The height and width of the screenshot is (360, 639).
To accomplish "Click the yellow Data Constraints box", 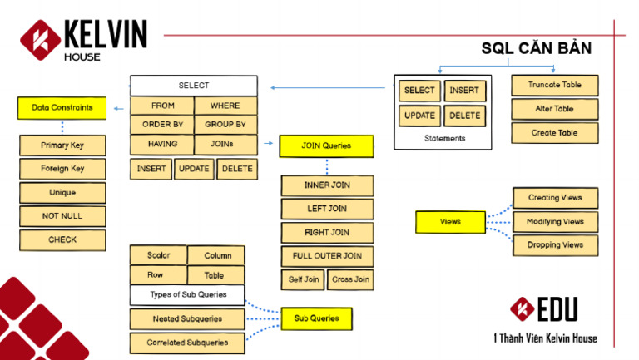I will pyautogui.click(x=62, y=108).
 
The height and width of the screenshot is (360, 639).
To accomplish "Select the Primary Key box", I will pyautogui.click(x=62, y=145).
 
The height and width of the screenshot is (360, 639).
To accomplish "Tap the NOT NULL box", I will pyautogui.click(x=62, y=216).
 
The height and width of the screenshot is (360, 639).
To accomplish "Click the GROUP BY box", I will pyautogui.click(x=225, y=125).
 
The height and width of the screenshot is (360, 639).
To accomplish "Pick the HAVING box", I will pyautogui.click(x=161, y=145).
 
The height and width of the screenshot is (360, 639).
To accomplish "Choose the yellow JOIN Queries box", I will pyautogui.click(x=326, y=146).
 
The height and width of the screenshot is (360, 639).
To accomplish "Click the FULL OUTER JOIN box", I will pyautogui.click(x=326, y=256).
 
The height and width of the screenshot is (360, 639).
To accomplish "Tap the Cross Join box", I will pyautogui.click(x=350, y=279).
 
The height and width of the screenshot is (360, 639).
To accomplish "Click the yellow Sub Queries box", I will pyautogui.click(x=316, y=318).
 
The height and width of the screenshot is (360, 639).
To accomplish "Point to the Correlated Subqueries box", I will pyautogui.click(x=188, y=342).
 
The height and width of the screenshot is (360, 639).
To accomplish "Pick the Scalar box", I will pyautogui.click(x=158, y=255).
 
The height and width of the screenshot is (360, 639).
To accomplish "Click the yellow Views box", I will pyautogui.click(x=450, y=223).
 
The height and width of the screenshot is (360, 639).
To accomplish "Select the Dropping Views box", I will pyautogui.click(x=555, y=245).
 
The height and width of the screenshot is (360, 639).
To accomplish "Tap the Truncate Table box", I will pyautogui.click(x=554, y=86).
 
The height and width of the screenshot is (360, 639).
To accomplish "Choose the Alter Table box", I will pyautogui.click(x=554, y=109).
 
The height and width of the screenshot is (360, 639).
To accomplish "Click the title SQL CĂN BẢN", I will pyautogui.click(x=537, y=49).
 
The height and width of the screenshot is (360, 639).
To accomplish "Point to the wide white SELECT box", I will pyautogui.click(x=194, y=86).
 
